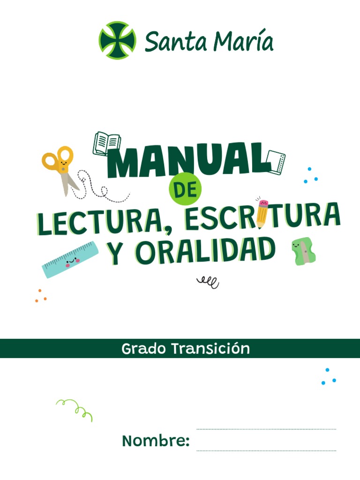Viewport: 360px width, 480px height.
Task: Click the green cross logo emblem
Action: point(117,40)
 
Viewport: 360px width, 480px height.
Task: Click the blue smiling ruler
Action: point(70,259)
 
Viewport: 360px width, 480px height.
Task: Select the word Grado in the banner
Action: point(143,349)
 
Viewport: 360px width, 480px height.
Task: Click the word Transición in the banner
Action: point(210,349)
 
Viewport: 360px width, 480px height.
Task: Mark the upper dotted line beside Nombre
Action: point(266,429)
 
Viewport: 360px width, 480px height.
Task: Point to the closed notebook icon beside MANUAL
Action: point(276,161)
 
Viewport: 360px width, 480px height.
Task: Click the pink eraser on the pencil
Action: point(263,202)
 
